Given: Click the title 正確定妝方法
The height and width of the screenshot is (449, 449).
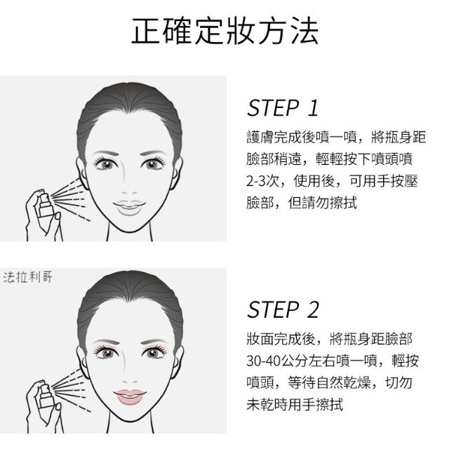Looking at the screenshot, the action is pyautogui.click(x=224, y=31).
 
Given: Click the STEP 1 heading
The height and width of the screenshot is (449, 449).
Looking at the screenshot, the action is pyautogui.click(x=283, y=108).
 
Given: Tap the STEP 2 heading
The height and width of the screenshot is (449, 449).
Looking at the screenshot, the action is pyautogui.click(x=283, y=309).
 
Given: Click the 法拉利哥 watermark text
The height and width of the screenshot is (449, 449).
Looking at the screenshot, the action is pyautogui.click(x=28, y=277).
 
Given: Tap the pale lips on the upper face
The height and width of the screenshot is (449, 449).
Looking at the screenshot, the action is pyautogui.click(x=129, y=208).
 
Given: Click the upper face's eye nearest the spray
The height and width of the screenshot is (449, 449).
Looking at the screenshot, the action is pyautogui.click(x=106, y=164).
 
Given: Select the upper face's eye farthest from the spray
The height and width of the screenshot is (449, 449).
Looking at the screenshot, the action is pyautogui.click(x=153, y=164).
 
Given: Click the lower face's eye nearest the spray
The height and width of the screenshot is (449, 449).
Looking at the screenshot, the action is pyautogui.click(x=106, y=353).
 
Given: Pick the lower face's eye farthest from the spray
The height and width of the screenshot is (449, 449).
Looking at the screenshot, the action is pyautogui.click(x=153, y=353).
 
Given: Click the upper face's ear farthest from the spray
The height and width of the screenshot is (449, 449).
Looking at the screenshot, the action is pyautogui.click(x=177, y=173).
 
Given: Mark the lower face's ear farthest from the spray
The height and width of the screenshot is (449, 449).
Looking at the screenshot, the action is pyautogui.click(x=177, y=362).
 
